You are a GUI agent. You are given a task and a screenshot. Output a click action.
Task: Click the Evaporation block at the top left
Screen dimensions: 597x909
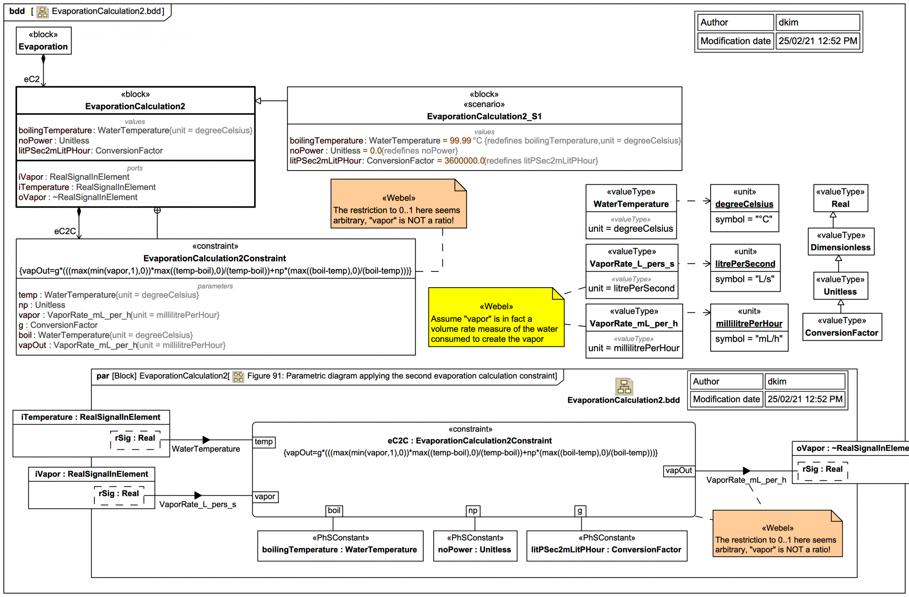(x=44, y=41)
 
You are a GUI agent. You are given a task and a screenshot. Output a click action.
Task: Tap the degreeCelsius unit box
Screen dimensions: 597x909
(x=744, y=208)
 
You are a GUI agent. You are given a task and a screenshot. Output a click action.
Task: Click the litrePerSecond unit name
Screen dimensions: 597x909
(x=745, y=264)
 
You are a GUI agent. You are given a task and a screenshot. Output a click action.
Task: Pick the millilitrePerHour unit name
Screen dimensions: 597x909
(x=749, y=324)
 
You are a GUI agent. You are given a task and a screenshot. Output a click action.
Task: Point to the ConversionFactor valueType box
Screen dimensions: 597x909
(x=842, y=327)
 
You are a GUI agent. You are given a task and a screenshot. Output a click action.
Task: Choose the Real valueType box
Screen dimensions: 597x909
(x=840, y=198)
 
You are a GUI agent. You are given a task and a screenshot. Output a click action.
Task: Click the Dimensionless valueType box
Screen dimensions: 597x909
(x=840, y=242)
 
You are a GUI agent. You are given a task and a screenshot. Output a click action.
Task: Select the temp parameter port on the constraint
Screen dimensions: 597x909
(x=264, y=442)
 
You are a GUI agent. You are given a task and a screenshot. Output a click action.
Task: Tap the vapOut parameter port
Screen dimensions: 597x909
(x=678, y=470)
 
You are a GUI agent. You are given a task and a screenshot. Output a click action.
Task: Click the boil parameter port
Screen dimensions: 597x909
(x=334, y=511)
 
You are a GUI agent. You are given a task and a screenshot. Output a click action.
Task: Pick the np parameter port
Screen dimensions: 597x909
(x=473, y=511)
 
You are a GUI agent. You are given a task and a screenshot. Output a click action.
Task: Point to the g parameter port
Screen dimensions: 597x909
(x=580, y=511)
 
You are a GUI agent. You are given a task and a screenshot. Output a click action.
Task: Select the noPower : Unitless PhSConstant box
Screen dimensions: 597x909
(x=475, y=546)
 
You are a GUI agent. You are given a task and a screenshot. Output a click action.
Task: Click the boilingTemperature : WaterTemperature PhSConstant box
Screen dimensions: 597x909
(x=340, y=546)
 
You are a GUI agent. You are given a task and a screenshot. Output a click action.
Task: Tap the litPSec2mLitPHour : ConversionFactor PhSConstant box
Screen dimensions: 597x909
(x=606, y=546)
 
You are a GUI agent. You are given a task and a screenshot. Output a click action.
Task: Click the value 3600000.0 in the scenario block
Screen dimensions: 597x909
(x=464, y=161)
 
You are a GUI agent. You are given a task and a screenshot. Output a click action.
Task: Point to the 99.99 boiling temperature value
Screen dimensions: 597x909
(x=460, y=141)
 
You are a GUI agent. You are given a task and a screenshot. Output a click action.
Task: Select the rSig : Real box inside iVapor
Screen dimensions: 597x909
(x=119, y=494)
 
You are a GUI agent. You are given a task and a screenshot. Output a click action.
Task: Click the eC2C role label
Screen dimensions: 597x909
(x=65, y=231)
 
